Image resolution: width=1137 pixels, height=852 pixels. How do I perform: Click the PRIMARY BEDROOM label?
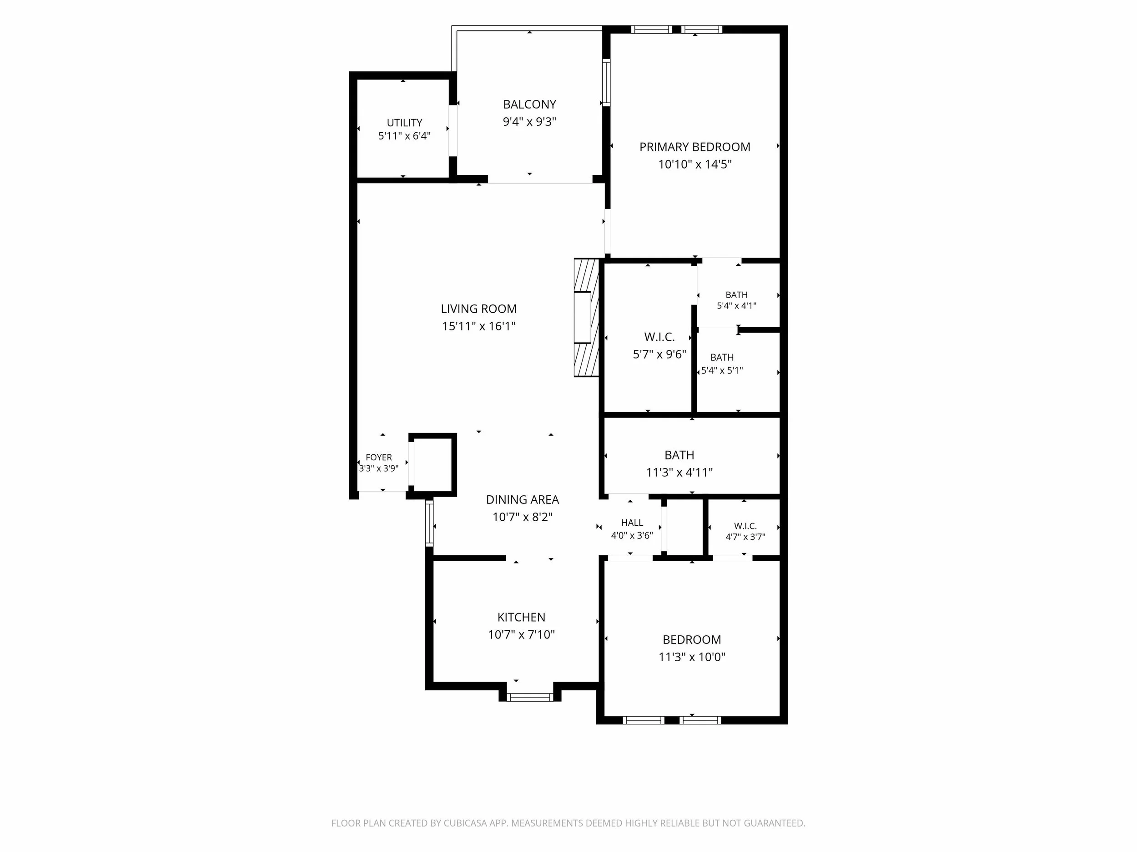point(694,147)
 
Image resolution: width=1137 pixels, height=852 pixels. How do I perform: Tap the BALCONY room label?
point(529,104)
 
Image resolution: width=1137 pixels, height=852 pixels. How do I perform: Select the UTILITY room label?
point(404,123)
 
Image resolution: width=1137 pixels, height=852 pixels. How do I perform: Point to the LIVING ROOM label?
point(478,309)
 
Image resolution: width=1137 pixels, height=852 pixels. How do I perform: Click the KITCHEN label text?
point(521,617)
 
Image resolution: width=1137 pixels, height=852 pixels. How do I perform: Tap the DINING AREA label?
point(522,499)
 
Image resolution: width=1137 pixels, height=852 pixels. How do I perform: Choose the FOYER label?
point(379,457)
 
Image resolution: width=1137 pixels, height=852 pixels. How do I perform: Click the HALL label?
point(632,522)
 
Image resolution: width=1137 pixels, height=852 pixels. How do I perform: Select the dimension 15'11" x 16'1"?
point(478,326)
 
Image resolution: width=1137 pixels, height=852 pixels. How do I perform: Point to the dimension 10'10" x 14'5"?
point(694,164)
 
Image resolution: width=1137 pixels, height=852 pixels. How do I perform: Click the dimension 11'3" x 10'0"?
point(692,657)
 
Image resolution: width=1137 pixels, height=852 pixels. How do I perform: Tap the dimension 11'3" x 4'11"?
point(679,473)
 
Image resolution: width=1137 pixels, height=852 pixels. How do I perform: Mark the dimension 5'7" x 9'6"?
point(659,354)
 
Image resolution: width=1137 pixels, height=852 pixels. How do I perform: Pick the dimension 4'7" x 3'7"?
point(745,537)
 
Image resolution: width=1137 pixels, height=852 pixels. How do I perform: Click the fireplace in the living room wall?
point(587,317)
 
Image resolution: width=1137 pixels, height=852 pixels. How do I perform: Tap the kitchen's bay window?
point(530,697)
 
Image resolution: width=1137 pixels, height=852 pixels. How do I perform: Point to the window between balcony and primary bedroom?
point(606,82)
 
